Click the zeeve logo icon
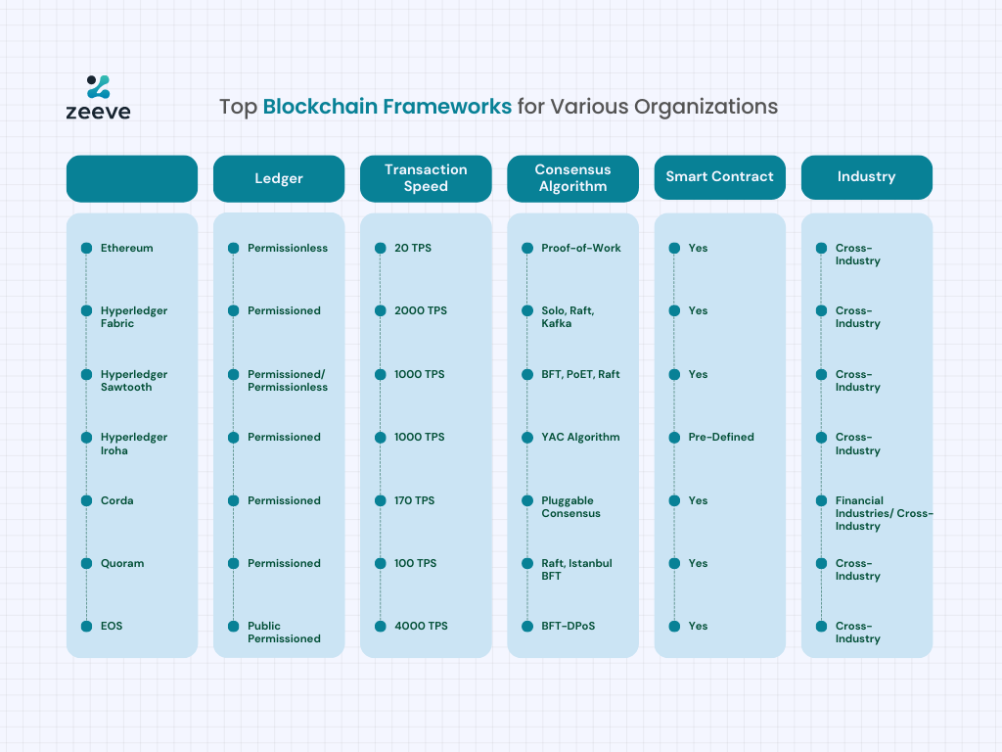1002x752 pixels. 99,87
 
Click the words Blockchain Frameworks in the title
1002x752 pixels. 387,106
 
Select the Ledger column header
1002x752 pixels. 279,178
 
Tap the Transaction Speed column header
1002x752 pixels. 426,178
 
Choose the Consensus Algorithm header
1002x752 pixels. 572,178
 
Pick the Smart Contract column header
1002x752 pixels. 719,177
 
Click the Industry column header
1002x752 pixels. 867,177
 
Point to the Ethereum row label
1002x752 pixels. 126,248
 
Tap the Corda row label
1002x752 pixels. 117,500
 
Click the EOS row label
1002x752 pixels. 112,626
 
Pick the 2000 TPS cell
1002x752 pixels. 421,310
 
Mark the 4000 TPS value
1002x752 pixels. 421,626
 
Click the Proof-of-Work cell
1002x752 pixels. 581,248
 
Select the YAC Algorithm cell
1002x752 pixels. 580,438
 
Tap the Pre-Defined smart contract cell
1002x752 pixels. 721,438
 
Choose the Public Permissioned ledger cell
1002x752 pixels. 284,633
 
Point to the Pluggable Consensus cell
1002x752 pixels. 570,507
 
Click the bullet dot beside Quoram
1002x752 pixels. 87,563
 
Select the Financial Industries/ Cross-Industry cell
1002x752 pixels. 884,513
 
